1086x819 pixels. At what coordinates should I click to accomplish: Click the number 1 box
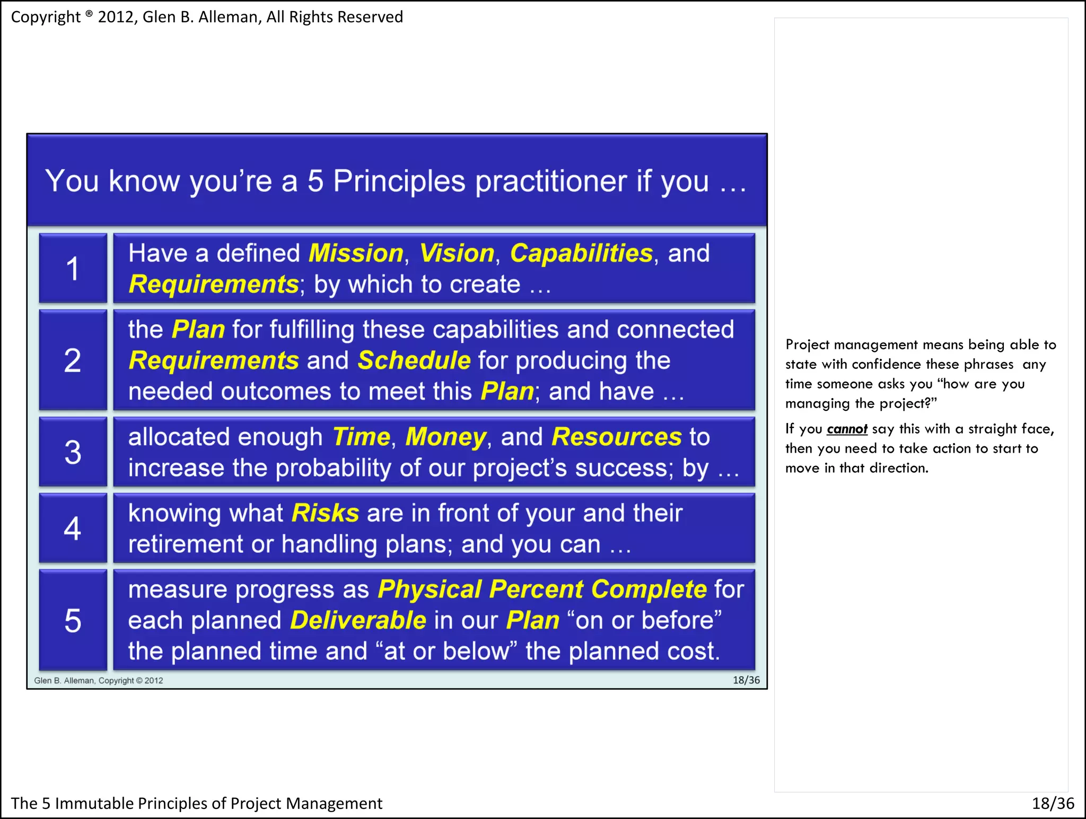pos(73,268)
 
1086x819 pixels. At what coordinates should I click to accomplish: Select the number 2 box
pos(73,360)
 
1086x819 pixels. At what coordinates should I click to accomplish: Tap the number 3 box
pos(73,452)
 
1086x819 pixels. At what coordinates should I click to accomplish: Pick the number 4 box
pos(73,528)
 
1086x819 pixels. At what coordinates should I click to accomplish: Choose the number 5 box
pos(73,620)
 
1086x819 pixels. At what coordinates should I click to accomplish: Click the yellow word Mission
pos(356,253)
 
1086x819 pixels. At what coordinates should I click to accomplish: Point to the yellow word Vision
pos(457,253)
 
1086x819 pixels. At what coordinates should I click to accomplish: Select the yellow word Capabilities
pos(581,253)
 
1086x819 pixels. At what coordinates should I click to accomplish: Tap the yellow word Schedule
pos(414,361)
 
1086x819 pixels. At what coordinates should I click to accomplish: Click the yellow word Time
pos(361,437)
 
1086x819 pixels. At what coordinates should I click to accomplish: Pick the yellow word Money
pos(445,437)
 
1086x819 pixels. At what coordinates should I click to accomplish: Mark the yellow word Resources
pos(616,437)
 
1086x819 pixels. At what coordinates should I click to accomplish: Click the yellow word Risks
pos(325,513)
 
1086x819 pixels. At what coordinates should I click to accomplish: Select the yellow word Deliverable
pos(358,620)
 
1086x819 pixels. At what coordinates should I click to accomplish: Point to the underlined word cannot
pos(847,429)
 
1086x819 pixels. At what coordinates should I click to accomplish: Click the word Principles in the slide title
pos(399,181)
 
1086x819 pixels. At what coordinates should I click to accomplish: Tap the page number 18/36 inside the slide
pos(746,680)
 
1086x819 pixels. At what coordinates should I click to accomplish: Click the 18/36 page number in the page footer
pos(1053,804)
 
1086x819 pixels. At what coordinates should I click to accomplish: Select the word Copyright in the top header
pos(46,17)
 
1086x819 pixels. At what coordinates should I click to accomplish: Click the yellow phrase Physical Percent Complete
pos(542,589)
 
